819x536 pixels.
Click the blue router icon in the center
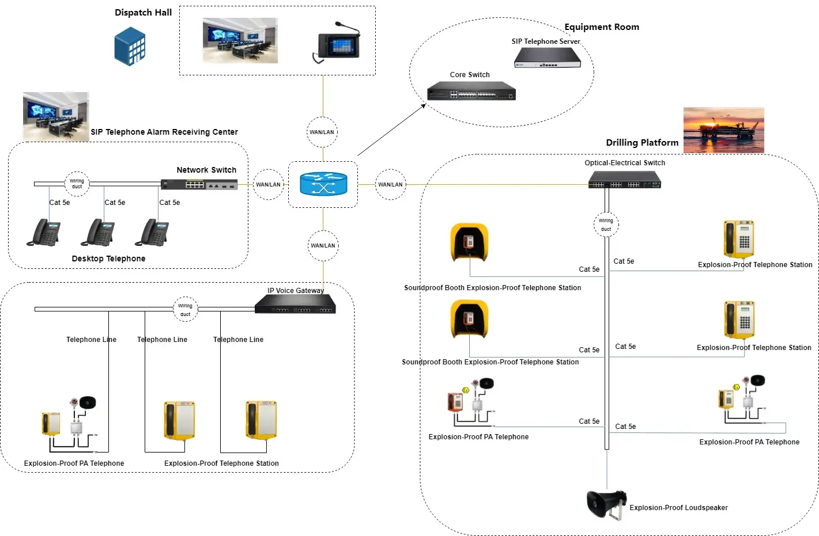[x=323, y=184]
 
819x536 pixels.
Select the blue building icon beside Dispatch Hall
[x=130, y=47]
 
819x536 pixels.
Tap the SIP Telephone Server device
[x=547, y=58]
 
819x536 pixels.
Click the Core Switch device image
[x=471, y=91]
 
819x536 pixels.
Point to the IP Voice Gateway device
[x=295, y=303]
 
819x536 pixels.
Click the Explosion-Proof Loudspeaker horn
[x=605, y=504]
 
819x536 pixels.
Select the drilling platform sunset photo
[x=723, y=130]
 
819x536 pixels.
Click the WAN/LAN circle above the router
[x=322, y=132]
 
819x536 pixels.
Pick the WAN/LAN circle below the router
[x=323, y=245]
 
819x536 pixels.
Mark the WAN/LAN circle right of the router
[x=390, y=184]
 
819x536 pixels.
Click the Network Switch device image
[x=199, y=184]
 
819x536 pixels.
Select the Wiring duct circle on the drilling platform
[x=606, y=225]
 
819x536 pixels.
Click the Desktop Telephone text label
[x=108, y=259]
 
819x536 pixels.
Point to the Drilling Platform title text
[x=642, y=142]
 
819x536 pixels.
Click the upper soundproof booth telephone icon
[x=469, y=242]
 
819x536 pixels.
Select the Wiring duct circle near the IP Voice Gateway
[x=185, y=310]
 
